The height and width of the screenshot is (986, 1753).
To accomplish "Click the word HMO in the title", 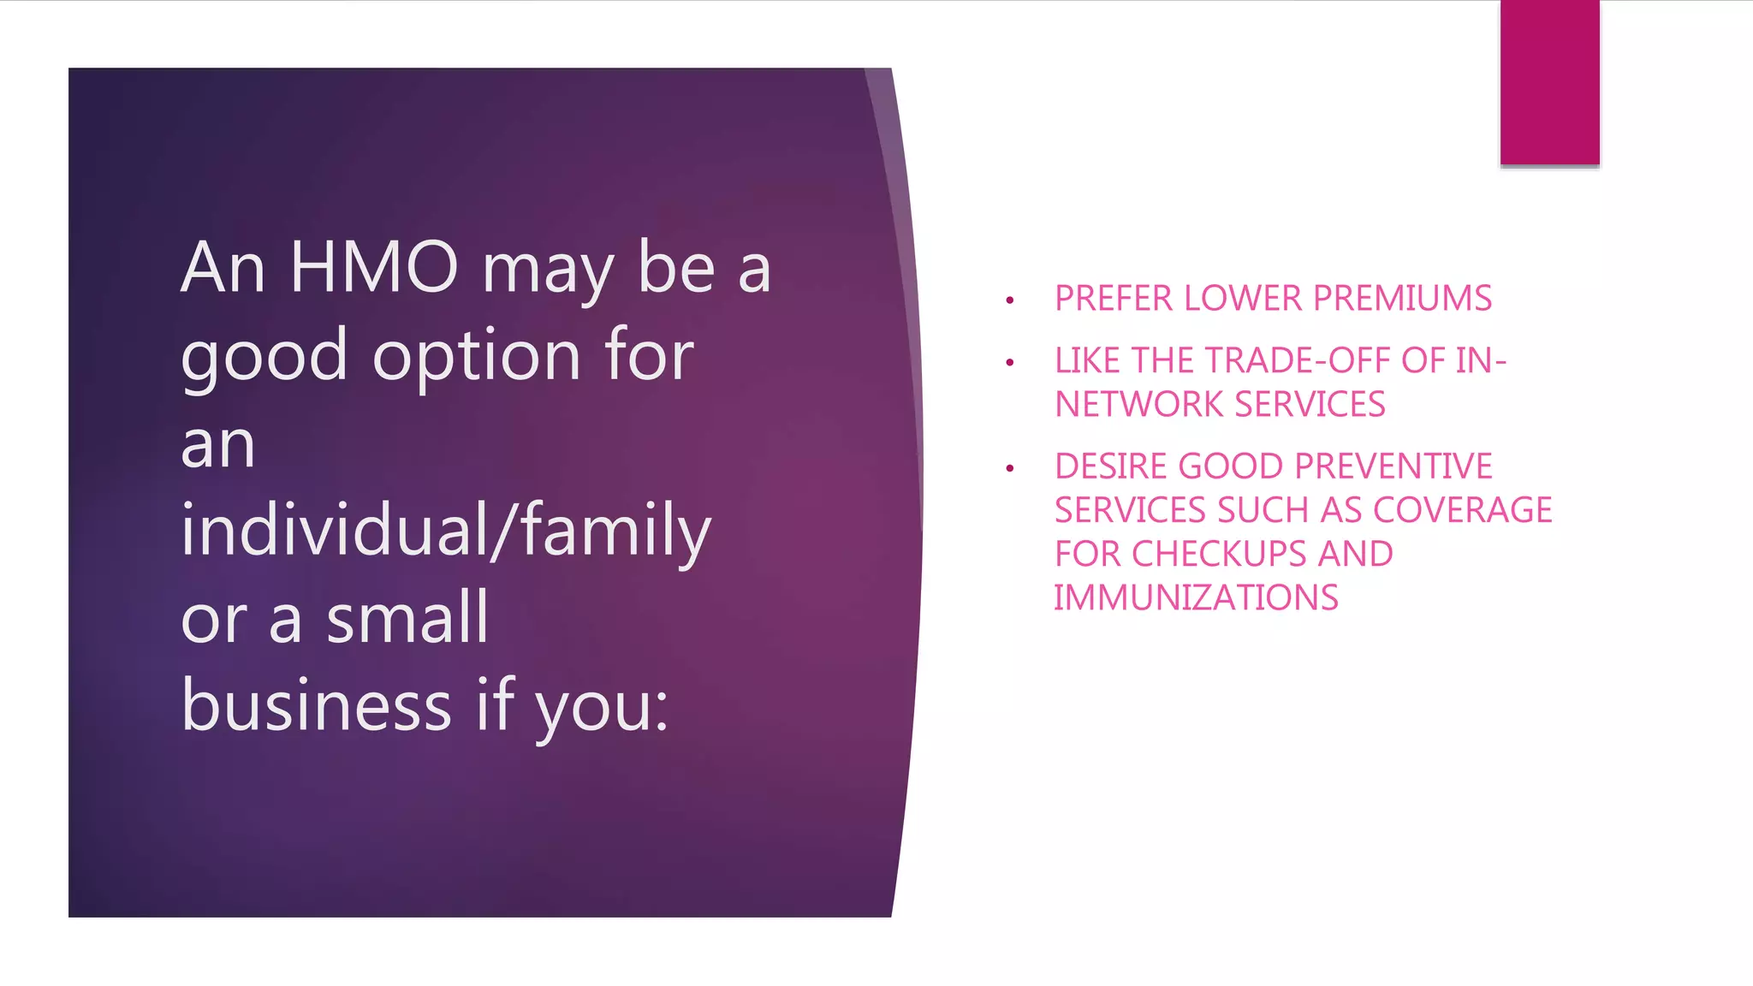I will pyautogui.click(x=374, y=268).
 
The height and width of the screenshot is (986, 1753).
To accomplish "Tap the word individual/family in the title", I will pyautogui.click(x=446, y=531).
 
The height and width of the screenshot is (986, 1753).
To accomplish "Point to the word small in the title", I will pyautogui.click(x=407, y=618).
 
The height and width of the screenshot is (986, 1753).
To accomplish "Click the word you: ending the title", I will pyautogui.click(x=601, y=707).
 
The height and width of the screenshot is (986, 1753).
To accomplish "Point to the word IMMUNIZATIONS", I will pyautogui.click(x=1196, y=597).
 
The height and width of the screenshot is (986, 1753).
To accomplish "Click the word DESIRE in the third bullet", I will pyautogui.click(x=1111, y=466).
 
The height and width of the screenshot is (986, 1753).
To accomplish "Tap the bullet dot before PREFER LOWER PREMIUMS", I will pyautogui.click(x=1010, y=300).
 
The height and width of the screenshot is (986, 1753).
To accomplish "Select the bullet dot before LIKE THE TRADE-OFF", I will pyautogui.click(x=1010, y=363).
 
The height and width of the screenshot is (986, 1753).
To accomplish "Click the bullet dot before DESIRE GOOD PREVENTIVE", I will pyautogui.click(x=1010, y=468).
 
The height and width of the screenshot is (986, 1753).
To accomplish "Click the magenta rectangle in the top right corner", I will pyautogui.click(x=1549, y=82).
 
